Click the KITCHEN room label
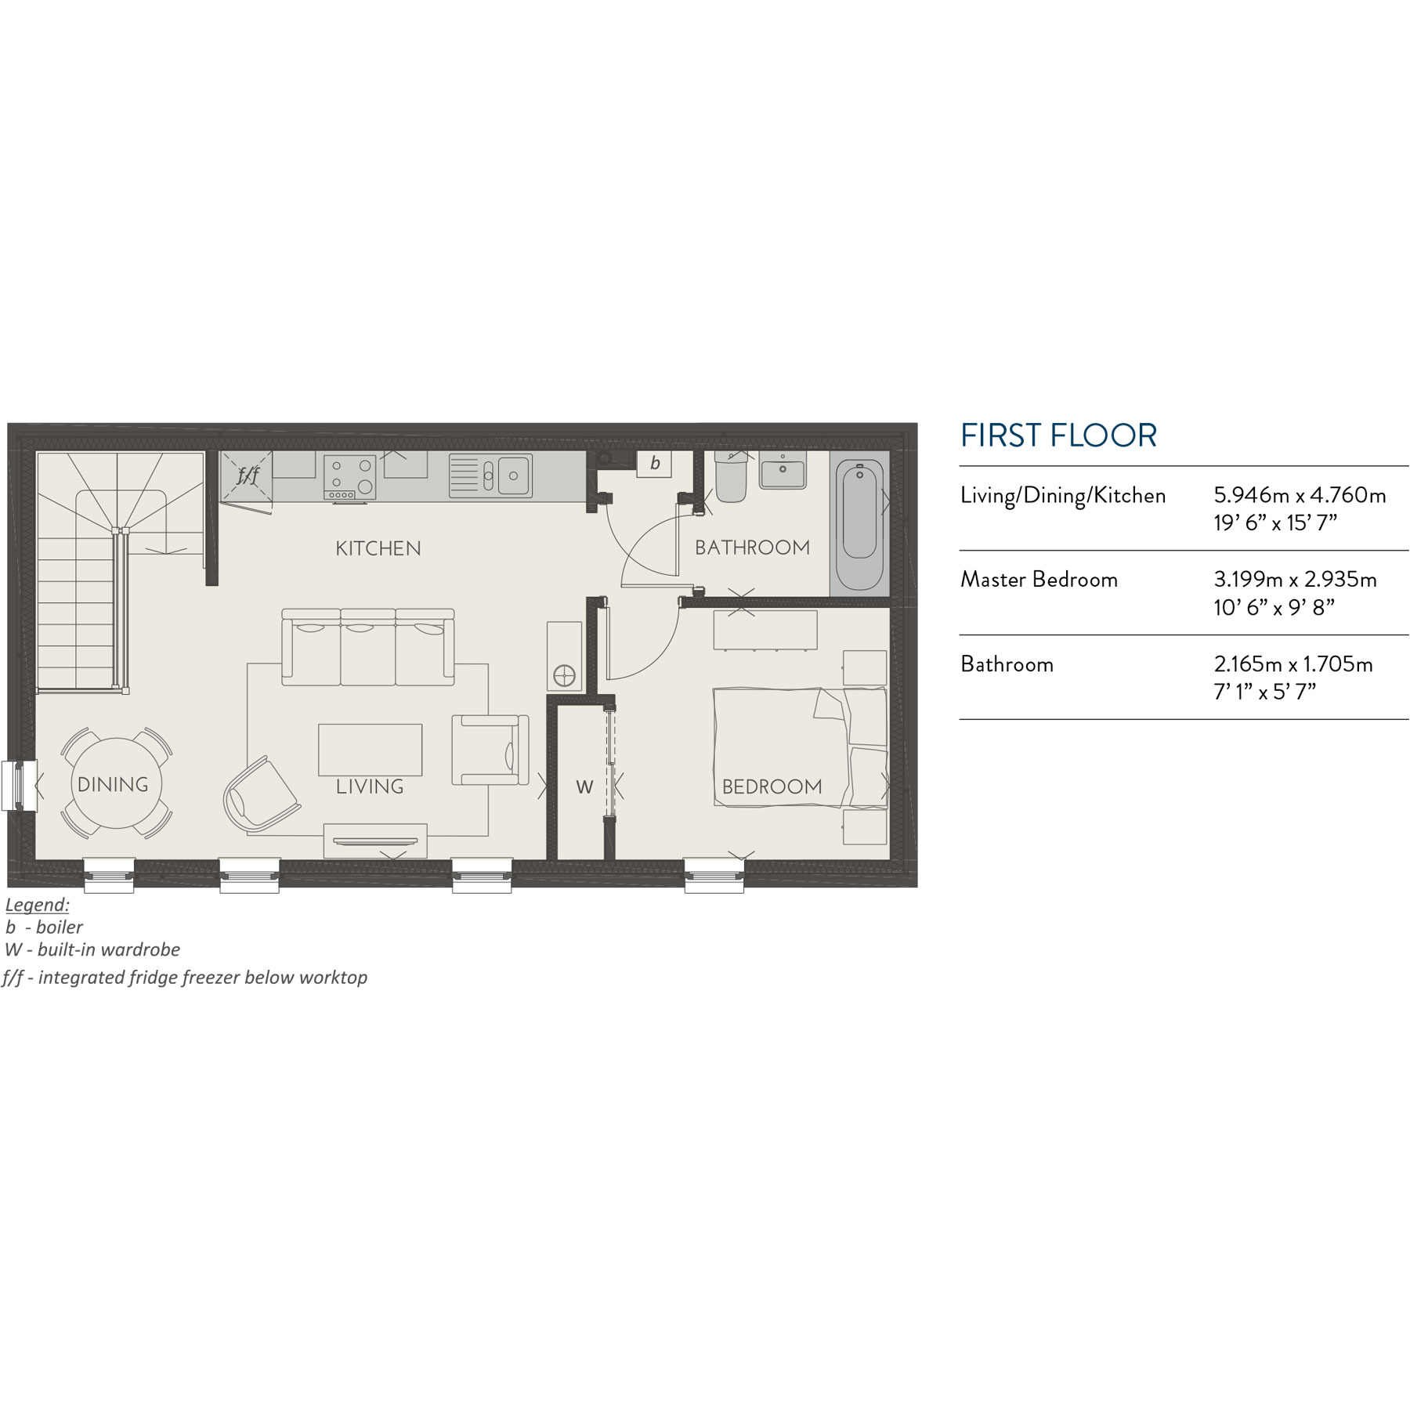[x=378, y=548]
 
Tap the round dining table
[x=116, y=784]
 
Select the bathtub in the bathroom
[x=859, y=520]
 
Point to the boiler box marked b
[x=654, y=463]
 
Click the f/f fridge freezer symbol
[x=247, y=475]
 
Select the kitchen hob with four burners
[x=349, y=477]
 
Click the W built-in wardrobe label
[x=584, y=787]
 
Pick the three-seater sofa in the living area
[x=368, y=648]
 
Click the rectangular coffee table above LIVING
[x=370, y=749]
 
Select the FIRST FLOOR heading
[x=1057, y=436]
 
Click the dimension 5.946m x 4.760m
[x=1300, y=495]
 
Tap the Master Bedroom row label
[x=1039, y=580]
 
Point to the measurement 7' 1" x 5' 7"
[x=1264, y=692]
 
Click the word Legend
[x=37, y=905]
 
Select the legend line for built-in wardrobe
[x=92, y=949]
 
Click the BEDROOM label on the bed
[x=772, y=786]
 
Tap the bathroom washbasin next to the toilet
[x=782, y=472]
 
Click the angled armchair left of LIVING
[x=261, y=794]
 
